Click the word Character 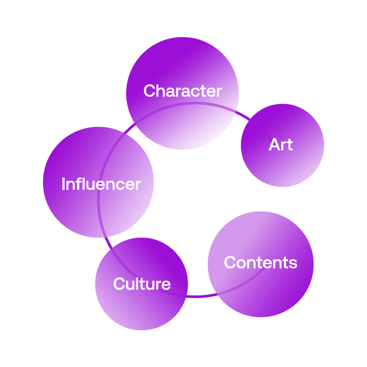click(183, 91)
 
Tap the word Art click(281, 145)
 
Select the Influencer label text click(101, 184)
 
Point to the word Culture click(142, 284)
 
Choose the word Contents click(261, 263)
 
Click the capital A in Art click(274, 145)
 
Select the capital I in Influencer click(63, 184)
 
